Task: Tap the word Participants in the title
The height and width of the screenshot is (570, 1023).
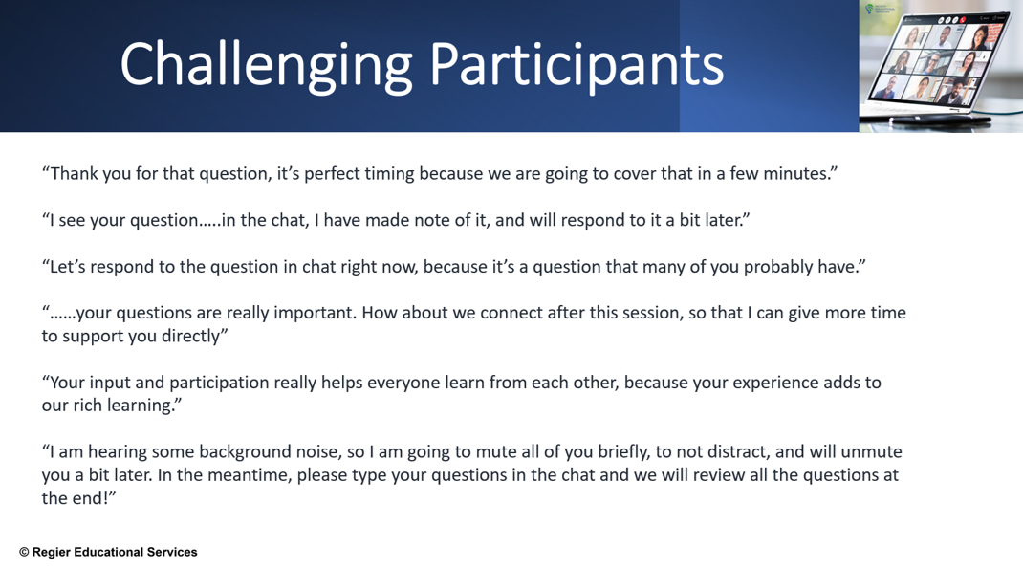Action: (577, 66)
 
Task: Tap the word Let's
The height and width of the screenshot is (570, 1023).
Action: (68, 267)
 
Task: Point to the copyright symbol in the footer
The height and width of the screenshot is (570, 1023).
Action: (24, 553)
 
